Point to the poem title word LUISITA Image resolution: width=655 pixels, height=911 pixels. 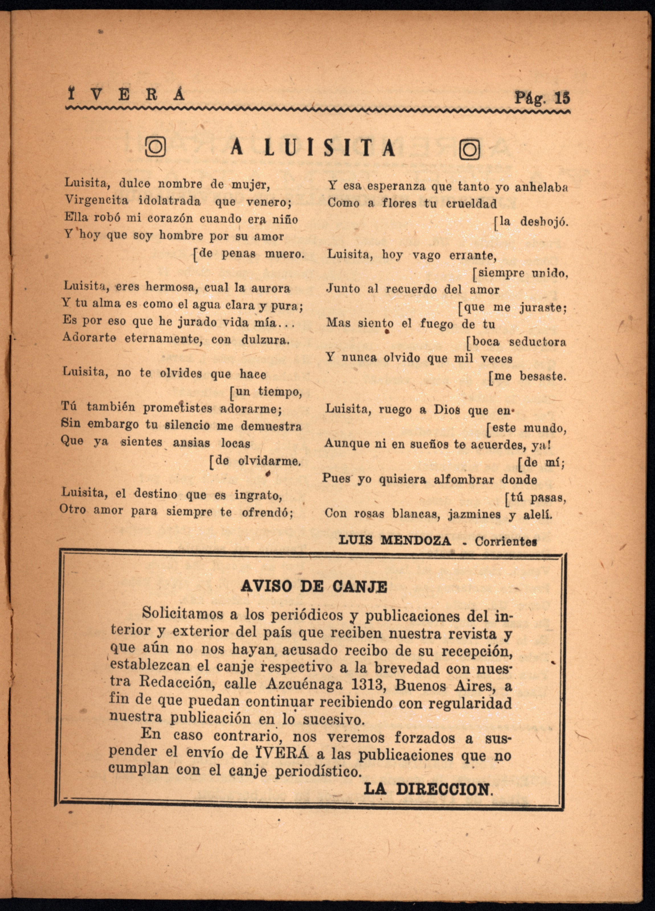[x=329, y=148]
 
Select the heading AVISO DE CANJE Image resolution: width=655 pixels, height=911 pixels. [x=314, y=587]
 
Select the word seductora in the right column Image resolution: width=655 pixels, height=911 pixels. [x=537, y=342]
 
